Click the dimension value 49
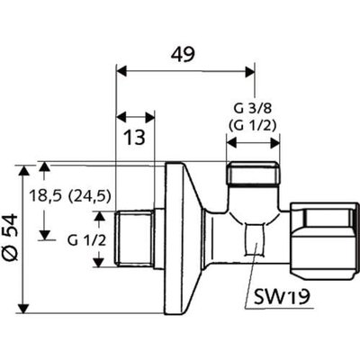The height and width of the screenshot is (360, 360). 183,55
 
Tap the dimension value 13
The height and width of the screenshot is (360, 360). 135,138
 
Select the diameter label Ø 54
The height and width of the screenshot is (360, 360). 13,237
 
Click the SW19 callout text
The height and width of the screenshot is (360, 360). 282,297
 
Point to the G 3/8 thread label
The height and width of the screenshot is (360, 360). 253,109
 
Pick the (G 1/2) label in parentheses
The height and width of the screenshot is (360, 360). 252,125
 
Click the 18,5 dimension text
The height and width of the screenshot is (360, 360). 45,197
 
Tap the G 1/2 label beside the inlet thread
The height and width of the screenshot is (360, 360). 86,240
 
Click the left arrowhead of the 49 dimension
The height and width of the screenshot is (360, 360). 121,72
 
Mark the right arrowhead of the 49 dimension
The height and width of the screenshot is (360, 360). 250,72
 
